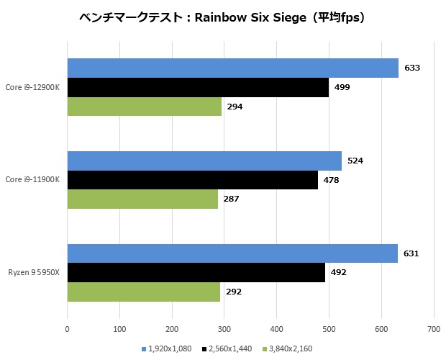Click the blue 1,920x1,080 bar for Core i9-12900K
click(x=232, y=68)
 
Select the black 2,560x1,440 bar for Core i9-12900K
click(x=198, y=88)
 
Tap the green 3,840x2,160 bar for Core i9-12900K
click(x=144, y=107)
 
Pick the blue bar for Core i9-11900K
click(x=204, y=161)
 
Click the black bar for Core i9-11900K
click(x=192, y=180)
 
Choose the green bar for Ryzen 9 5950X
click(x=143, y=292)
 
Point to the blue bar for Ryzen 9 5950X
click(x=232, y=253)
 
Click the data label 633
click(x=411, y=68)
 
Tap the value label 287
click(x=231, y=199)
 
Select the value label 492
click(x=338, y=273)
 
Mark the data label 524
click(x=355, y=161)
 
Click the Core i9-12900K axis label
click(x=32, y=88)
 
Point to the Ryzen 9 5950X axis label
click(x=34, y=273)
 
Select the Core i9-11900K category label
click(x=32, y=180)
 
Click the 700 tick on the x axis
click(x=432, y=329)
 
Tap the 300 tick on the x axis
click(x=224, y=329)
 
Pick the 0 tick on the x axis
click(x=67, y=329)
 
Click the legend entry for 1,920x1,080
click(x=169, y=349)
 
